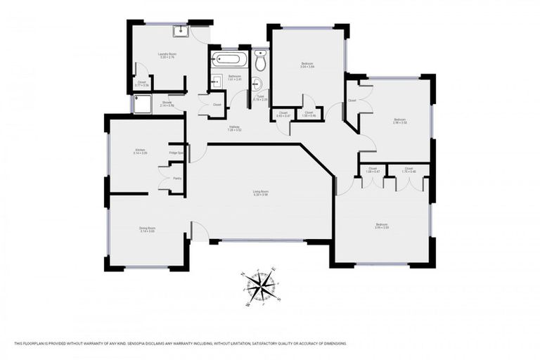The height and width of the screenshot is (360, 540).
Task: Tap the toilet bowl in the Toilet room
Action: pos(260,63)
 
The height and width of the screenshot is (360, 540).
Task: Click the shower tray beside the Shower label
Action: pos(143,105)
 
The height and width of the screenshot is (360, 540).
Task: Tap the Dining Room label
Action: pos(146,229)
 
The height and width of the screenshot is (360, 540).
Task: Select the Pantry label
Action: pos(178,179)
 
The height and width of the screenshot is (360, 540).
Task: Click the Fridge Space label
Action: pos(176,153)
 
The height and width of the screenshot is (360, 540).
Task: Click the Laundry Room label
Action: pos(167,56)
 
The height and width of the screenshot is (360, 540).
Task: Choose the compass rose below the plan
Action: pos(262,288)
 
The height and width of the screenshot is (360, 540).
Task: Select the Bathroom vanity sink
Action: pos(217,79)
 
